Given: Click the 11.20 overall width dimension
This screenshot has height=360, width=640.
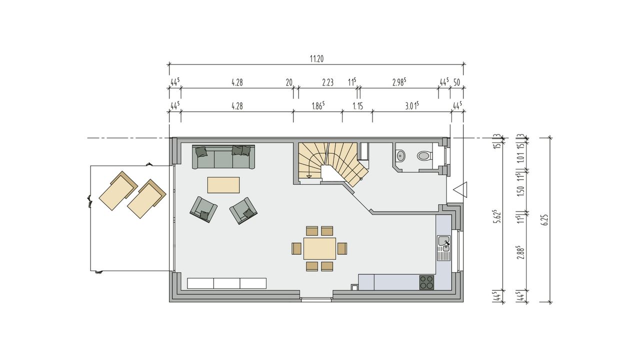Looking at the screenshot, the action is [316, 59].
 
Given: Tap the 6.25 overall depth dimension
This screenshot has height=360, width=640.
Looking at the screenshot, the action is [545, 220].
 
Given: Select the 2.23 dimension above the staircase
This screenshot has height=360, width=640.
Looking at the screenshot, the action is [327, 82].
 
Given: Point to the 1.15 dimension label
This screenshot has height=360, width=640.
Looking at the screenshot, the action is [357, 106].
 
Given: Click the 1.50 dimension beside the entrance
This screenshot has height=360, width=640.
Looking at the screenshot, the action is [521, 191].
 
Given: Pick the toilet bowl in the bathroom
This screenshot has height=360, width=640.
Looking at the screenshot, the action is [424, 156].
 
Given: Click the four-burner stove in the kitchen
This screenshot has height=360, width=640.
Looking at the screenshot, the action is [426, 282].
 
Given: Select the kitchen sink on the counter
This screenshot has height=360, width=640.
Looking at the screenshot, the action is [443, 248].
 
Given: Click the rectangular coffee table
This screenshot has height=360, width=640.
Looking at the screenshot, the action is [223, 185].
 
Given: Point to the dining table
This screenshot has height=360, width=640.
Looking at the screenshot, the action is [319, 248].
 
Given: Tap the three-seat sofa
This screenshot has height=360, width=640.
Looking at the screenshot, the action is [223, 157].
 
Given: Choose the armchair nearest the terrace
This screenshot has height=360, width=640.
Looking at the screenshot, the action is [203, 209].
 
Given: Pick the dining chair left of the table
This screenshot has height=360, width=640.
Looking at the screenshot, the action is [296, 248].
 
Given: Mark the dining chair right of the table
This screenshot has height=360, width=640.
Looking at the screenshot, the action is [342, 248].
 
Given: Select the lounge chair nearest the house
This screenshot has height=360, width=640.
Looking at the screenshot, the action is [146, 199].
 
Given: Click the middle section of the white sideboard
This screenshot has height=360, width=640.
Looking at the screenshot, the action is [227, 283].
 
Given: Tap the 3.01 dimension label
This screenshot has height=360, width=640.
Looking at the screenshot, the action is [411, 106].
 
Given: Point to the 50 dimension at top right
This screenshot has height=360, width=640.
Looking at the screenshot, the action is [457, 82].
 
